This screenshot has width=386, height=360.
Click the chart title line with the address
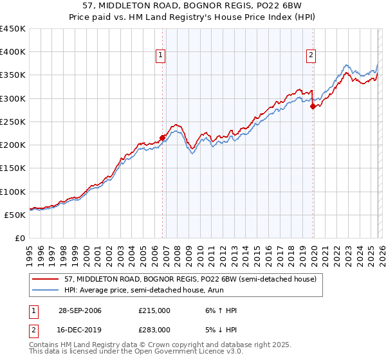(x=193, y=7)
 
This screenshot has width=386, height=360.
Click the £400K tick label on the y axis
(x=13, y=52)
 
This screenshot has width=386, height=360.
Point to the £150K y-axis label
(x=13, y=168)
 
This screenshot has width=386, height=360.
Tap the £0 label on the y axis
(x=21, y=238)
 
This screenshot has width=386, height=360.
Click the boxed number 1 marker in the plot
(x=160, y=56)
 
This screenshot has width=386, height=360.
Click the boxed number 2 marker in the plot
(x=311, y=56)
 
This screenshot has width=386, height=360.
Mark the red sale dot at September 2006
(x=162, y=137)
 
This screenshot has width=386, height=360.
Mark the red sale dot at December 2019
(x=313, y=107)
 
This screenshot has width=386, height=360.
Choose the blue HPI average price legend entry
(x=142, y=291)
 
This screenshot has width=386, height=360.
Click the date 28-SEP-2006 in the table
(x=79, y=310)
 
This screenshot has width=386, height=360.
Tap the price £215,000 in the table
(x=154, y=310)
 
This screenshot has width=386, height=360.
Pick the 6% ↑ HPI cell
(x=219, y=310)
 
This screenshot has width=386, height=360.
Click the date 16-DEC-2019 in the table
(x=79, y=329)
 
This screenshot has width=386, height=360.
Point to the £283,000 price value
(x=154, y=329)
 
